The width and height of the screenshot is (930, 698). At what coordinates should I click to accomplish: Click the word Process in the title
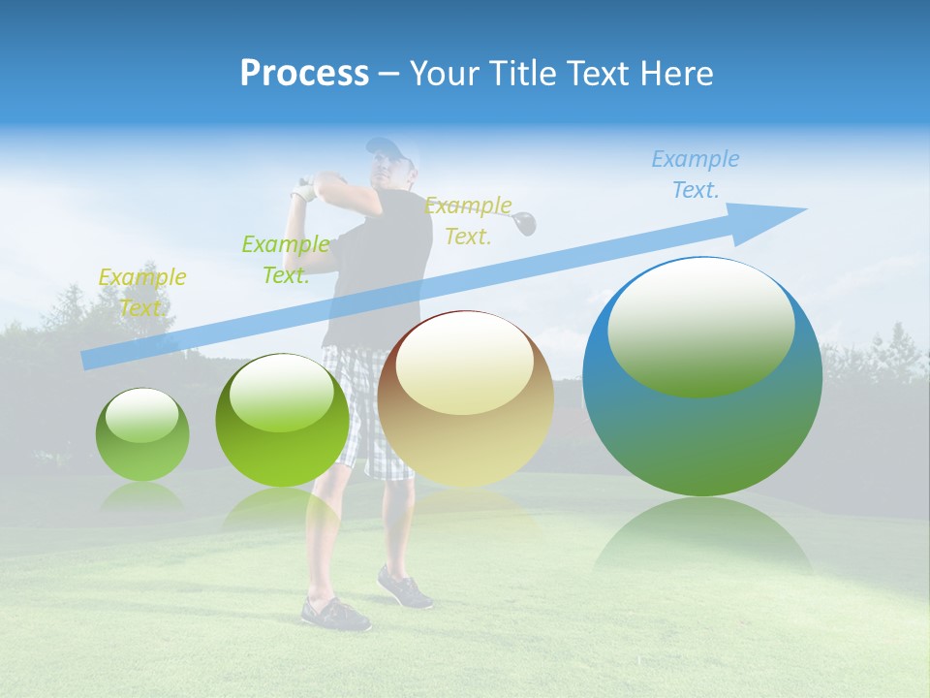tap(304, 74)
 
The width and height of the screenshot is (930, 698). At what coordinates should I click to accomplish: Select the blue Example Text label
tap(695, 174)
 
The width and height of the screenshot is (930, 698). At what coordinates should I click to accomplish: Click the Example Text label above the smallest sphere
tap(141, 292)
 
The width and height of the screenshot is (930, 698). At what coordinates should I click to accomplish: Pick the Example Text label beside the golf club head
tap(468, 220)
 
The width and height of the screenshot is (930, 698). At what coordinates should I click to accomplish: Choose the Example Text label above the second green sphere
tap(285, 259)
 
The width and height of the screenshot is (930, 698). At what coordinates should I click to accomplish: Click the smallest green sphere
tap(142, 434)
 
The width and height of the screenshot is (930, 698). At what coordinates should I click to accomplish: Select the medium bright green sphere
tap(282, 420)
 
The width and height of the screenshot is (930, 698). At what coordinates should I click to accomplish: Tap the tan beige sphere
tap(465, 398)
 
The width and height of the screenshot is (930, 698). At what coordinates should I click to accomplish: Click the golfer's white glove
tap(306, 188)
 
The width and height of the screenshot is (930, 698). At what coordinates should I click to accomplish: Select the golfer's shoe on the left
tap(335, 614)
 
